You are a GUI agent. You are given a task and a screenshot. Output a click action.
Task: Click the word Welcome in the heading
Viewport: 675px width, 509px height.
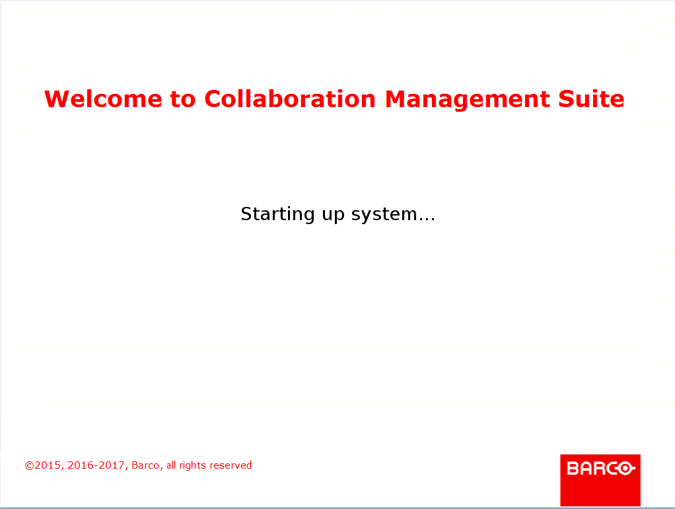pyautogui.click(x=103, y=98)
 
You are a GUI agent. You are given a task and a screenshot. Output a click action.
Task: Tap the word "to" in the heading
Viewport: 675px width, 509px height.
pyautogui.click(x=183, y=100)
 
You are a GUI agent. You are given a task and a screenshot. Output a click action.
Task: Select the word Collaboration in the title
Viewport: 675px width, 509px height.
pyautogui.click(x=290, y=98)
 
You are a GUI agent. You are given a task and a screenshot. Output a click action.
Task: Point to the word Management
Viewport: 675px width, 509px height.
pyautogui.click(x=467, y=100)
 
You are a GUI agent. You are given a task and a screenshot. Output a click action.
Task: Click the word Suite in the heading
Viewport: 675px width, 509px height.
pyautogui.click(x=591, y=98)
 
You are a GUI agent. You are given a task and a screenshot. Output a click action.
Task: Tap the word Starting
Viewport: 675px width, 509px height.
pyautogui.click(x=277, y=214)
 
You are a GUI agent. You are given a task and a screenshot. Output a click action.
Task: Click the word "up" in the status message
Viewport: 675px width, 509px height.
pyautogui.click(x=333, y=215)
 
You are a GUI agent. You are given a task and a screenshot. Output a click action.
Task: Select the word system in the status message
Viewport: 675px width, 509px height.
pyautogui.click(x=384, y=215)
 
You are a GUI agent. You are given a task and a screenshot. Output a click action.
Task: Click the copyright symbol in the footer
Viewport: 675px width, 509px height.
pyautogui.click(x=29, y=465)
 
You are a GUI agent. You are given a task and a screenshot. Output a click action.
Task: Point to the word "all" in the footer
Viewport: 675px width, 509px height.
pyautogui.click(x=171, y=465)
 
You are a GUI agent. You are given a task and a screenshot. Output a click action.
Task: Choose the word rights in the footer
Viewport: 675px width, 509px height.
pyautogui.click(x=192, y=466)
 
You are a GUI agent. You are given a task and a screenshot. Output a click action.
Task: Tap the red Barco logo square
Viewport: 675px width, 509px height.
pyautogui.click(x=600, y=480)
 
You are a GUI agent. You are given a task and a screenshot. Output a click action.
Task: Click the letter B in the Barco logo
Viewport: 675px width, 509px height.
pyautogui.click(x=573, y=469)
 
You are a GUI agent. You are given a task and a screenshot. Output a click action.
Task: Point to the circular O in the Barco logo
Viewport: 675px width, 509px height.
pyautogui.click(x=625, y=469)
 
